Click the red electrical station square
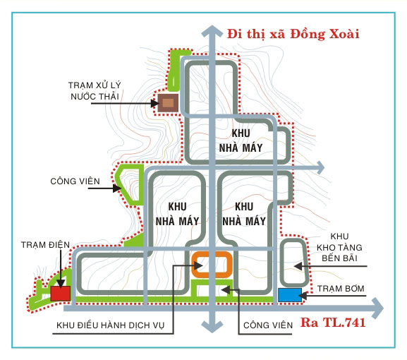coord(60,294)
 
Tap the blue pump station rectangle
coord(290,295)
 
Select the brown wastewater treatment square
coord(168,103)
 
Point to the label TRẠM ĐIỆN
coord(45,245)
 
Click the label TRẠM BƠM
coord(341,289)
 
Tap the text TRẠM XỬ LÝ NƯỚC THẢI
coord(95,90)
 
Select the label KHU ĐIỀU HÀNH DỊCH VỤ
coord(111,325)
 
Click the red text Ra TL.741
coord(333,323)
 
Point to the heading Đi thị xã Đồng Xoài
coord(293,34)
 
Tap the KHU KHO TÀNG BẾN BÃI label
coord(339,247)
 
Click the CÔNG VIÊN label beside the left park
coord(75,181)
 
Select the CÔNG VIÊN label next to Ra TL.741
coord(268,325)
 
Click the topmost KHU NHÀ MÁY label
coord(241,140)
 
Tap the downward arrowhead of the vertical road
coord(212,327)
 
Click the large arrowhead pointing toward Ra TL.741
coord(377,308)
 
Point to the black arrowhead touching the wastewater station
coord(155,103)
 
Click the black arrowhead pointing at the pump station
coord(303,296)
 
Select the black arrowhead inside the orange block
coord(198,265)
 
